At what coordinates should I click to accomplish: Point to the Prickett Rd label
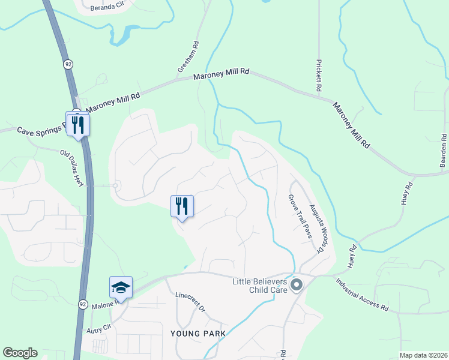319,76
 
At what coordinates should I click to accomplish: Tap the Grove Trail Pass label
300,216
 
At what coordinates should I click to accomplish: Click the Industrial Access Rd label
362,295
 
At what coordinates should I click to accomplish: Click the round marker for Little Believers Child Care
295,285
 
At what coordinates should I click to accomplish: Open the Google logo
20,353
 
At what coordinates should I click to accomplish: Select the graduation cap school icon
121,287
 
